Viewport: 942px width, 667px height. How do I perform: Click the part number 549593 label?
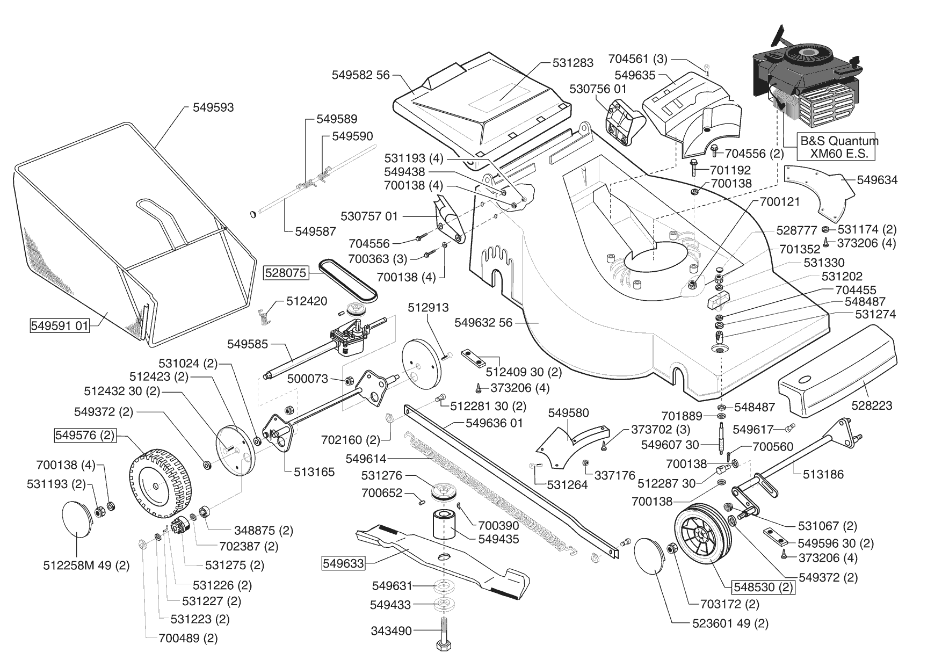(x=213, y=107)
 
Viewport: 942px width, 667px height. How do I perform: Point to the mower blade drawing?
(x=440, y=559)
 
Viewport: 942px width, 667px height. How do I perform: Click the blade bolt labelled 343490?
(x=445, y=634)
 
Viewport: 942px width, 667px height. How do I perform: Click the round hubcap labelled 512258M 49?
(x=78, y=519)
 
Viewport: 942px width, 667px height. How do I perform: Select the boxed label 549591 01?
(x=59, y=325)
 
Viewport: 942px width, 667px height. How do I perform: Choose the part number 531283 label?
(x=573, y=63)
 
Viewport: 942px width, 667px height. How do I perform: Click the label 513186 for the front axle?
(x=823, y=474)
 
